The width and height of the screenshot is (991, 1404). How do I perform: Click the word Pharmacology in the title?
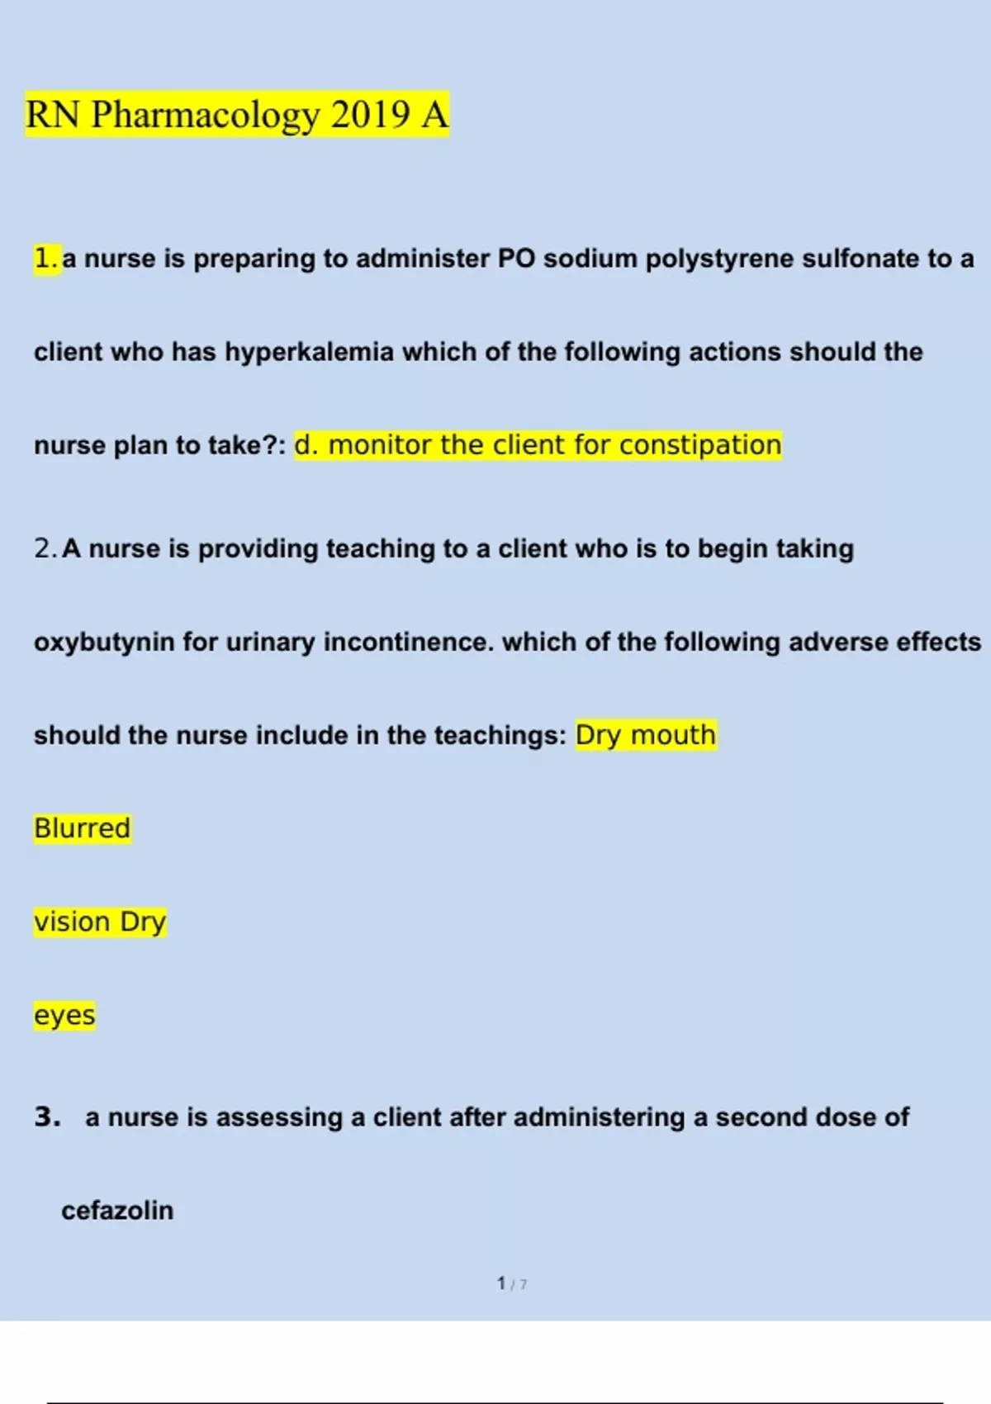(x=205, y=115)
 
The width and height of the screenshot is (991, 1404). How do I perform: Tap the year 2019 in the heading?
(x=369, y=114)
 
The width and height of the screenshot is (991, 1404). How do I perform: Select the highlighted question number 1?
(x=46, y=259)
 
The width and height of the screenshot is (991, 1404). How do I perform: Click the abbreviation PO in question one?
(x=516, y=259)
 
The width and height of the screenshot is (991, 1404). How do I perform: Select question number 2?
(x=45, y=548)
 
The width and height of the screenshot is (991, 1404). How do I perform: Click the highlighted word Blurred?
(x=82, y=828)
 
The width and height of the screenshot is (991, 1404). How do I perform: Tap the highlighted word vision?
(x=72, y=922)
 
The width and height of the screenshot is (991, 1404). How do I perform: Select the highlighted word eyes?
(x=64, y=1016)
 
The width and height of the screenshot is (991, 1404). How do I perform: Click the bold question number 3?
(x=47, y=1117)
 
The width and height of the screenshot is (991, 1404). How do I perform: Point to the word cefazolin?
(x=117, y=1211)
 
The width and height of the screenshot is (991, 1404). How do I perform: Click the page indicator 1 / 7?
(x=512, y=1283)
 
